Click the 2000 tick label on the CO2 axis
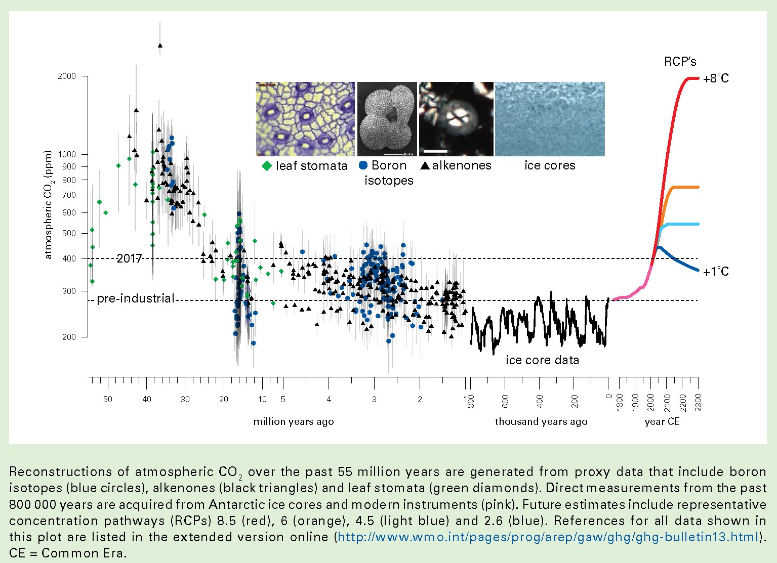(x=67, y=76)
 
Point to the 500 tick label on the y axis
(x=69, y=233)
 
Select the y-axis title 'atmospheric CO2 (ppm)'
(x=48, y=204)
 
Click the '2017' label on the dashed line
(x=129, y=258)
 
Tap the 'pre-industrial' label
(x=136, y=298)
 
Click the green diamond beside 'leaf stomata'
(x=267, y=166)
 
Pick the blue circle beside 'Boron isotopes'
(x=363, y=165)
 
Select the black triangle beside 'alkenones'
(x=425, y=166)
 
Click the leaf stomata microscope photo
(x=306, y=119)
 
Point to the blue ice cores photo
(x=550, y=119)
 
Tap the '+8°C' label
(x=716, y=78)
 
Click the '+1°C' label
(x=716, y=272)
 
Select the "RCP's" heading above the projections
(x=680, y=62)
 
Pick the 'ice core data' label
(x=542, y=360)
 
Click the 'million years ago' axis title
(x=294, y=422)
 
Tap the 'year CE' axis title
(x=662, y=422)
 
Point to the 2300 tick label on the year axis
(x=699, y=403)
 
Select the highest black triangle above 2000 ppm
(x=160, y=46)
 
